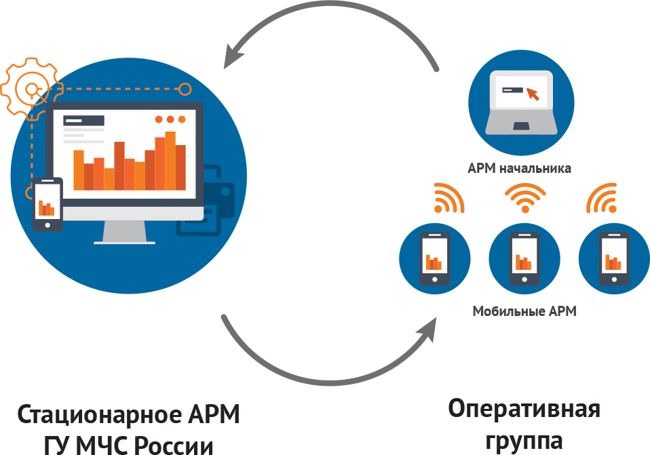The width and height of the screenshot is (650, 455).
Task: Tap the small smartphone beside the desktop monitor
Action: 47,204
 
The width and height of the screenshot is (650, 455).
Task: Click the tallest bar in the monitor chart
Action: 170,161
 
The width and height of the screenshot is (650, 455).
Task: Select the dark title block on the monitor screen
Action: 83,121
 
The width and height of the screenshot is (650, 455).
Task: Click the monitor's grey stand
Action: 125,232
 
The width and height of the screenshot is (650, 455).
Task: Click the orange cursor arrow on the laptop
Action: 533,94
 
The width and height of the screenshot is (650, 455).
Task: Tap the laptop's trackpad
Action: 521,125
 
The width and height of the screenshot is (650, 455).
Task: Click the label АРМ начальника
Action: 519,168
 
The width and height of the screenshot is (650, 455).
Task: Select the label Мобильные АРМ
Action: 524,311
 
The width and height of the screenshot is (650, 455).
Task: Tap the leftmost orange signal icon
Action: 449,198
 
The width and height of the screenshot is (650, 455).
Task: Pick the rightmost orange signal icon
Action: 601,198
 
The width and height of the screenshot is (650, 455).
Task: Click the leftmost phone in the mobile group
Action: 434,258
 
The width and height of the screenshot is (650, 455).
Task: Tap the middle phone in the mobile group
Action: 524,258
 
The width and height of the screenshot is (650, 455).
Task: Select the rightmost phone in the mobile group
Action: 614,258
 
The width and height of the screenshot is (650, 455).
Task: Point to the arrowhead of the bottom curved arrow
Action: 427,330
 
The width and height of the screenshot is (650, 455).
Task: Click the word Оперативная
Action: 524,410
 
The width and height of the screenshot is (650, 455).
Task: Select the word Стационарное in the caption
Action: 100,415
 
